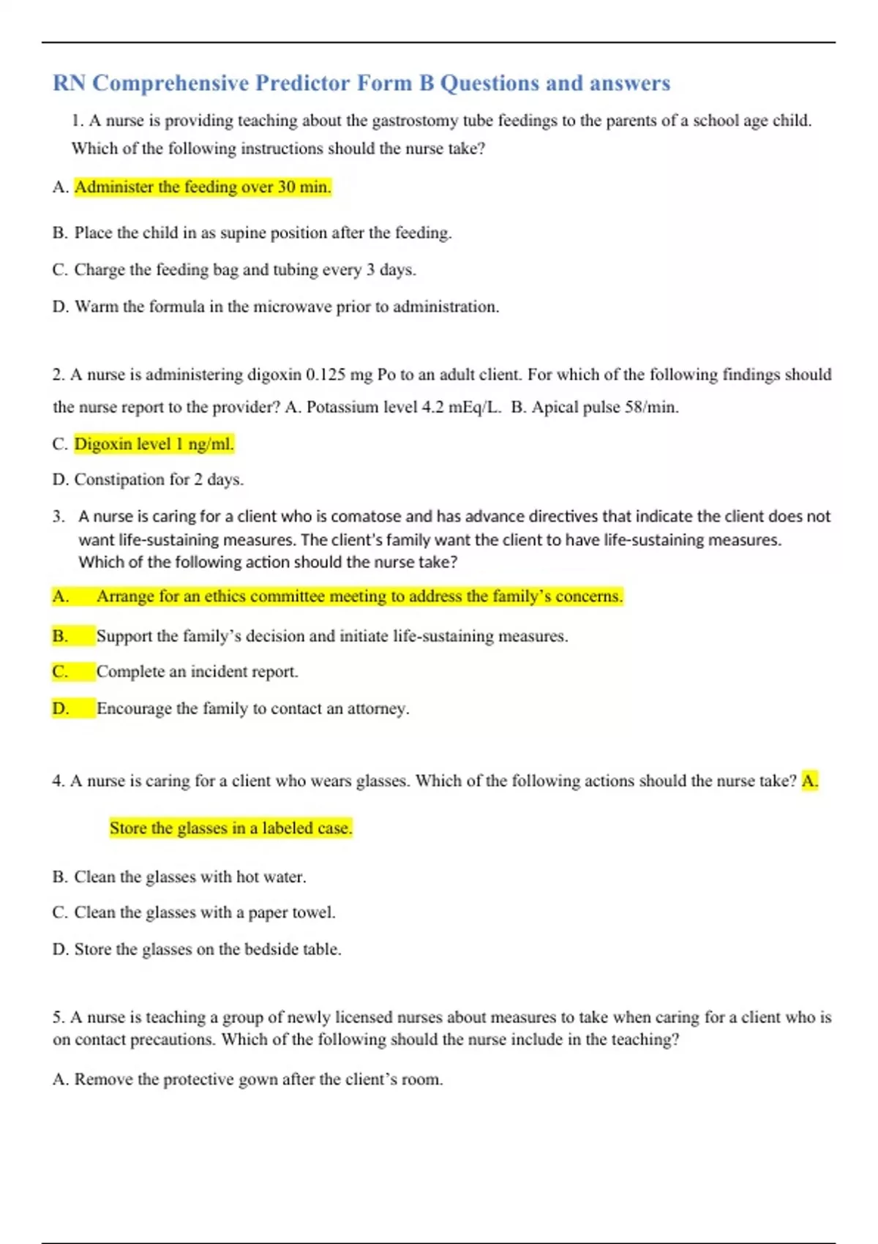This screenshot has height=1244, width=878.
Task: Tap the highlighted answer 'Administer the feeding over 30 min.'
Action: pos(203,187)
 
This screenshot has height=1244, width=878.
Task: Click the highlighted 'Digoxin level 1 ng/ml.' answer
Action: pos(154,444)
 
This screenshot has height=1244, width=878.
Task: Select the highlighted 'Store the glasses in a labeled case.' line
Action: pos(230,828)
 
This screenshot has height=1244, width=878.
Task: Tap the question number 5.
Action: pos(58,1017)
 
